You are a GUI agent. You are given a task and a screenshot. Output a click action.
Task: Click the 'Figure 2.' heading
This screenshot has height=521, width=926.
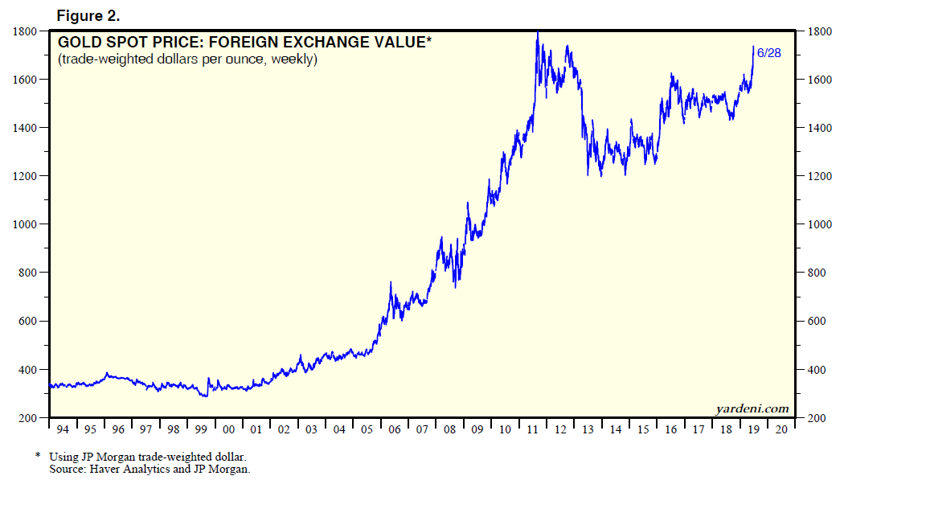[88, 15]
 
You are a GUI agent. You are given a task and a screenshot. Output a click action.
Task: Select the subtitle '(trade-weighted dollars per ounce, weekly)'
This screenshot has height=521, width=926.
[186, 59]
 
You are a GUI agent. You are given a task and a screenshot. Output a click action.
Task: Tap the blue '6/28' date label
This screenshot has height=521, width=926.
[768, 53]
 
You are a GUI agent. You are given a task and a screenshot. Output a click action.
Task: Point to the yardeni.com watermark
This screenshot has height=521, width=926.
[752, 408]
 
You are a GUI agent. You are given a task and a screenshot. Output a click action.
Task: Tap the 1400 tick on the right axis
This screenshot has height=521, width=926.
[815, 128]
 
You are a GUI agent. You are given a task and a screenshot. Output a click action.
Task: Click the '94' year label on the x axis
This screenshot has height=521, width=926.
[64, 429]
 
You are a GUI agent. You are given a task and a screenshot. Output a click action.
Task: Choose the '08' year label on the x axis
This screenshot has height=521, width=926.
[449, 429]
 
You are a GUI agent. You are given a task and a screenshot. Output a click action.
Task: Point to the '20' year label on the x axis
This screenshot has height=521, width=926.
[781, 429]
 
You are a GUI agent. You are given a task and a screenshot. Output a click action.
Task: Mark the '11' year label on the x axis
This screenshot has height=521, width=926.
[532, 429]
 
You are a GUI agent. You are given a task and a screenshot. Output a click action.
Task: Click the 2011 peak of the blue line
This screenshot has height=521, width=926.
[537, 33]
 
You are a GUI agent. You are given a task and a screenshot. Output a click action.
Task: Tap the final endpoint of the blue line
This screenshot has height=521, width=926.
[753, 47]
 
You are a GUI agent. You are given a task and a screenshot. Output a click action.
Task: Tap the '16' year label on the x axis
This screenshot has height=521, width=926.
[670, 429]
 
